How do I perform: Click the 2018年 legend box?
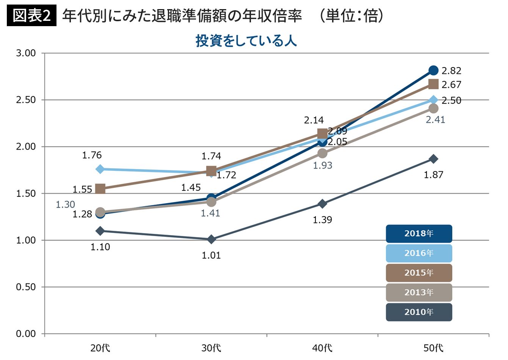tap(419, 233)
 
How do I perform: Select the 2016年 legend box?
tap(419, 253)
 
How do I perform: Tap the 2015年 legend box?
tap(419, 273)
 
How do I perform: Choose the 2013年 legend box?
tap(419, 293)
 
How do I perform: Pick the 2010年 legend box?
tap(419, 312)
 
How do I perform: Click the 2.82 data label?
tap(451, 71)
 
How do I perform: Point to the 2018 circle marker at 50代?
tap(433, 70)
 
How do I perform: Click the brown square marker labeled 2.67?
tap(433, 84)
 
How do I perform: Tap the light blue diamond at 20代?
tap(100, 169)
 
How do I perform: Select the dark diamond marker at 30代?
tap(211, 239)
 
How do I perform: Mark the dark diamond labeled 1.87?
tap(433, 159)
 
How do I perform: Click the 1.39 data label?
tap(322, 220)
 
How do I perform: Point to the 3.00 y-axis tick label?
tap(26, 53)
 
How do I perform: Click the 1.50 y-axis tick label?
tap(26, 194)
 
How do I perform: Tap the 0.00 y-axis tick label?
tap(26, 334)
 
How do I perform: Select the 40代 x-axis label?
tap(322, 348)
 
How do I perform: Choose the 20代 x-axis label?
tap(100, 348)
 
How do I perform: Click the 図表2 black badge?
tap(31, 16)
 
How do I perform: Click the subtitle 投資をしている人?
tap(246, 41)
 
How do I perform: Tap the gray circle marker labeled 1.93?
tap(322, 153)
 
